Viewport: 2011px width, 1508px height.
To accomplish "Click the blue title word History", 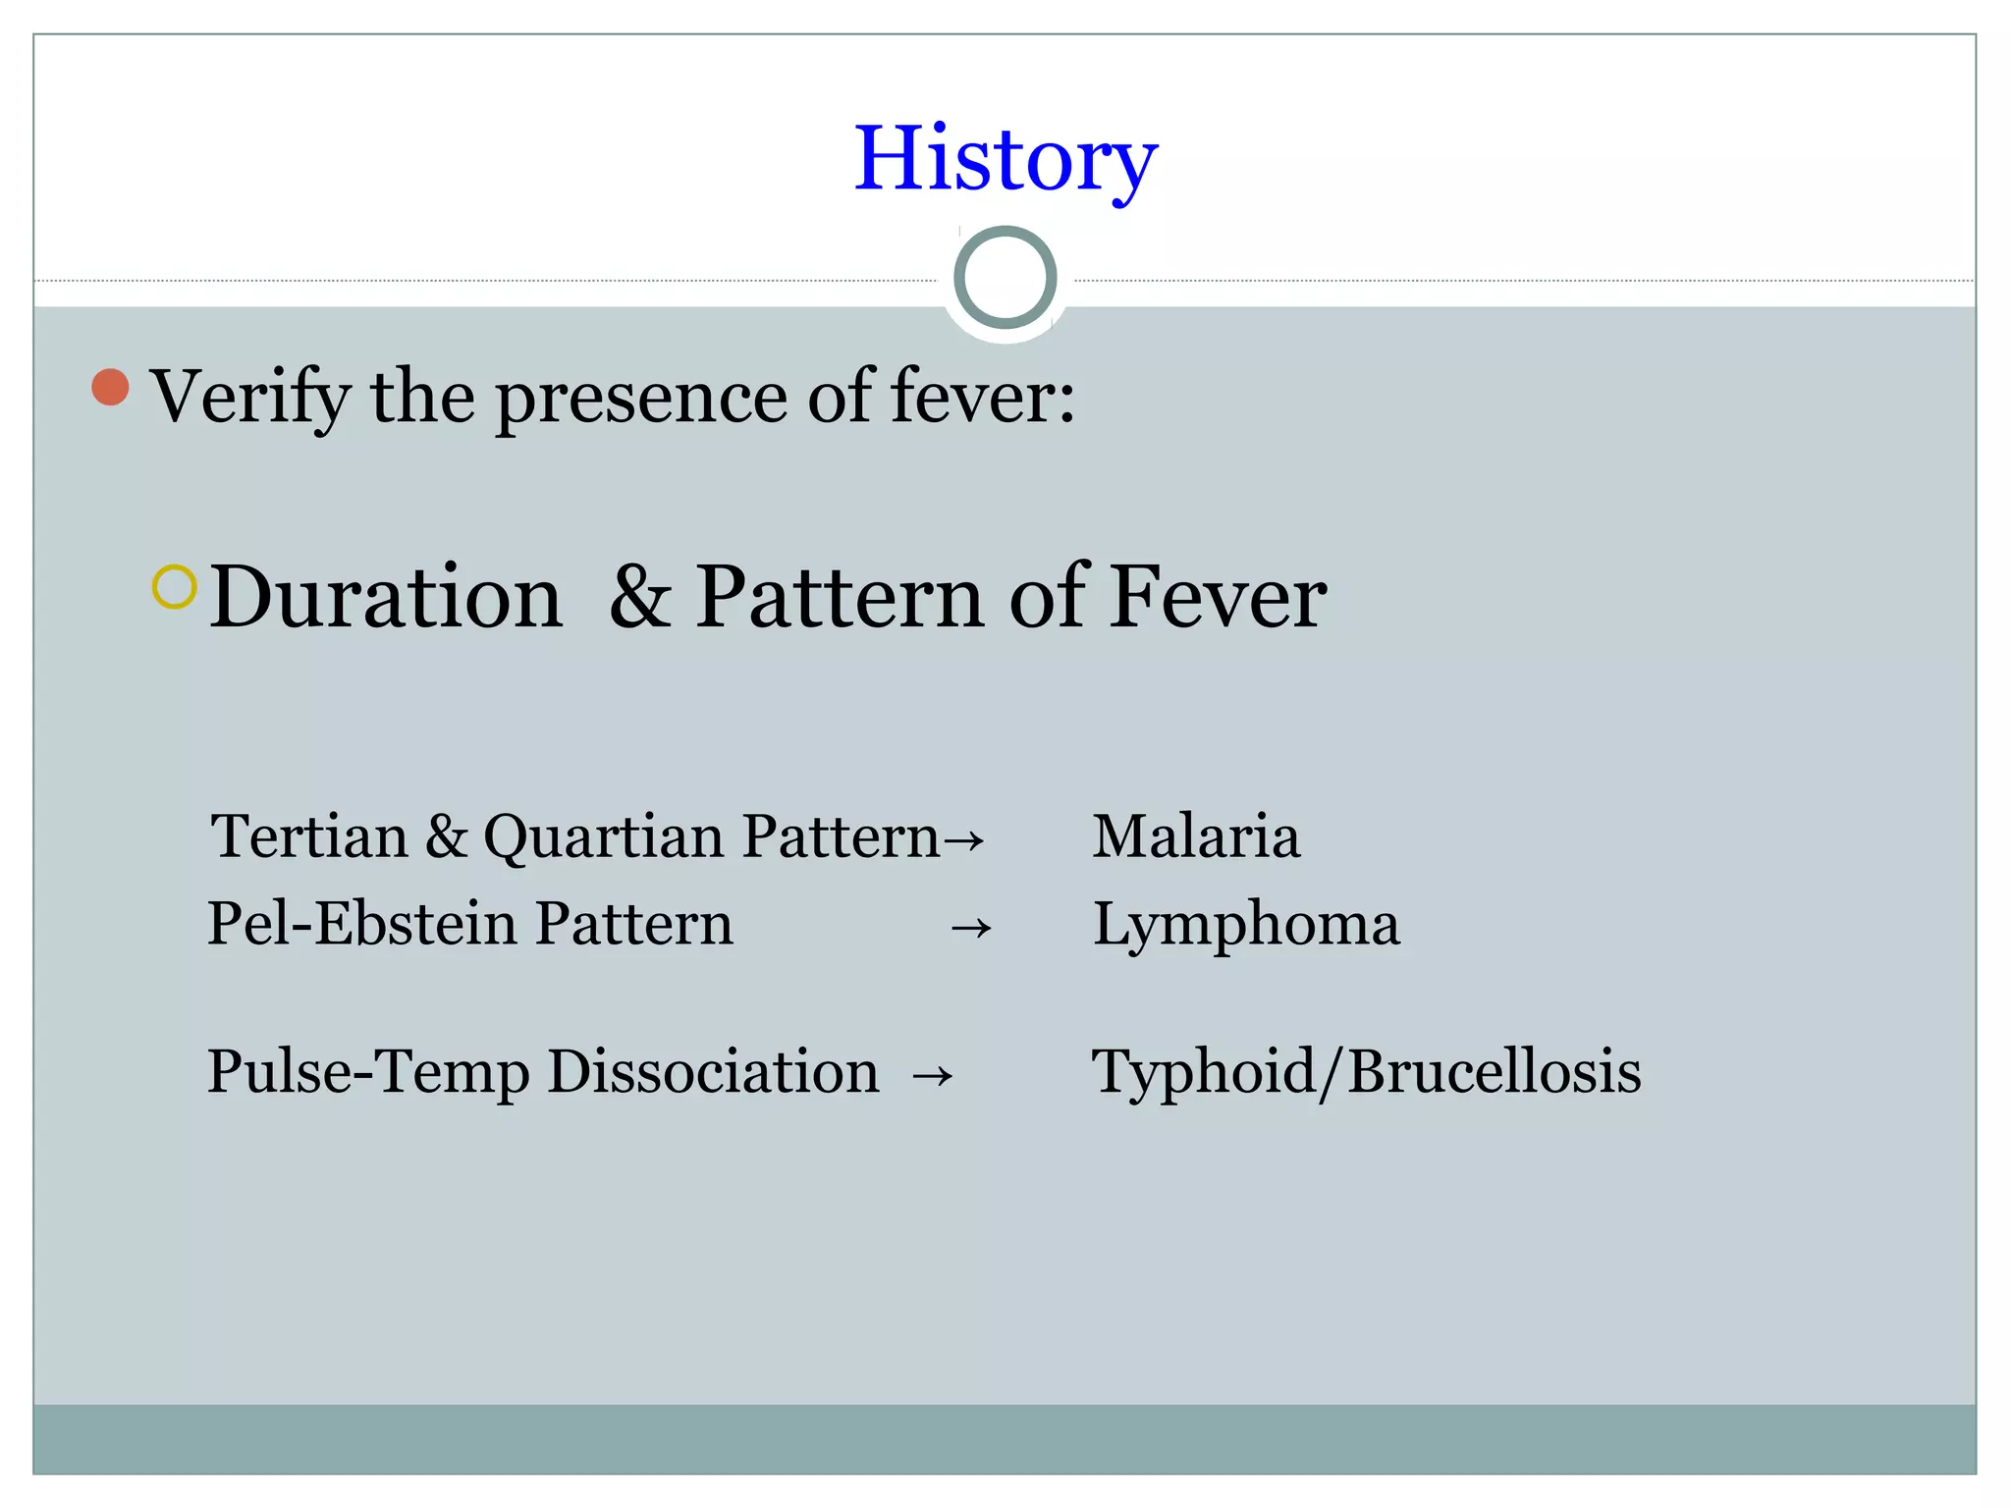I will tap(1005, 159).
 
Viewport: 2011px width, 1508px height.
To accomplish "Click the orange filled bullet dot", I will tap(111, 387).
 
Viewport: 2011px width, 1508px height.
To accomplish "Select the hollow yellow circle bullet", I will tap(175, 587).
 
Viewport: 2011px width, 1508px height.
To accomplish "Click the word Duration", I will tap(386, 598).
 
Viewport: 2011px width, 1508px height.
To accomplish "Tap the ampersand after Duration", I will tap(640, 598).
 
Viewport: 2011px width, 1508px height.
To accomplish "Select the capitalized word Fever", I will tap(1219, 598).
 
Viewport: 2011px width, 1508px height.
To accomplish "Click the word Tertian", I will tap(309, 837).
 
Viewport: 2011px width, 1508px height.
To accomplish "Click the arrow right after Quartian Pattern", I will tap(964, 840).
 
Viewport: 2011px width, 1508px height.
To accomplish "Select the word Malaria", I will tap(1196, 837).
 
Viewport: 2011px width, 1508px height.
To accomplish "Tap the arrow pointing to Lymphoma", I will tap(971, 928).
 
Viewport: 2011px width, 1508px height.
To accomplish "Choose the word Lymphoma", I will tap(1246, 926).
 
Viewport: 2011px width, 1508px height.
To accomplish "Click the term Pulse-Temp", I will tap(368, 1072).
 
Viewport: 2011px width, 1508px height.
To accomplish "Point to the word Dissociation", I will tap(713, 1071).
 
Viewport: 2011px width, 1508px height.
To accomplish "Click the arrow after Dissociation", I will tap(932, 1076).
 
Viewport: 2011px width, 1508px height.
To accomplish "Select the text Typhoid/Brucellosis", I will tap(1366, 1072).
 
